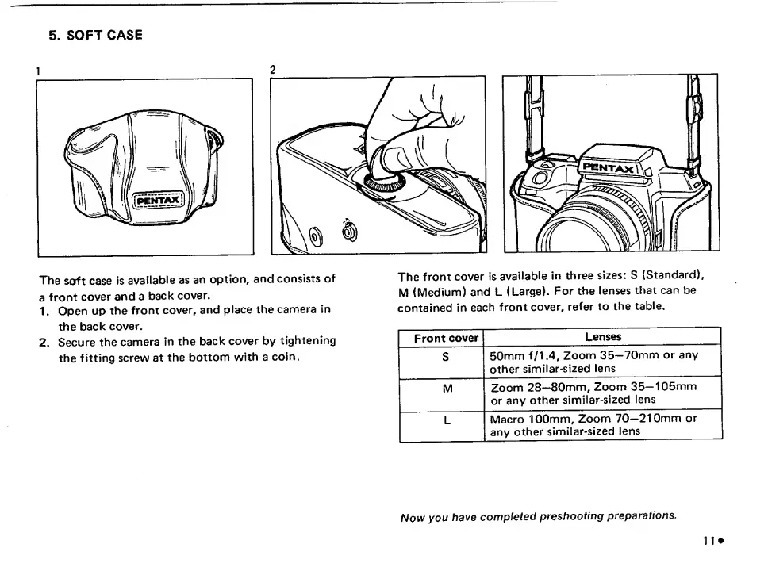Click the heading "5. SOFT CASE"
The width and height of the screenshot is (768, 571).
pyautogui.click(x=95, y=36)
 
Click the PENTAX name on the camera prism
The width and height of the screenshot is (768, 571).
pyautogui.click(x=609, y=167)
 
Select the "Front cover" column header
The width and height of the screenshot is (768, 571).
pyautogui.click(x=446, y=339)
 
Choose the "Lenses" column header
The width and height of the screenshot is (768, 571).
pyautogui.click(x=603, y=338)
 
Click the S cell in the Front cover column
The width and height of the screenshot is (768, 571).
pyautogui.click(x=446, y=356)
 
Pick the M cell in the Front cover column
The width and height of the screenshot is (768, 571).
pyautogui.click(x=446, y=388)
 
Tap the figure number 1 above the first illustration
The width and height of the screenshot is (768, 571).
pyautogui.click(x=39, y=70)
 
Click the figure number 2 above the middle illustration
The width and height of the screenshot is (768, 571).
pyautogui.click(x=274, y=70)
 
